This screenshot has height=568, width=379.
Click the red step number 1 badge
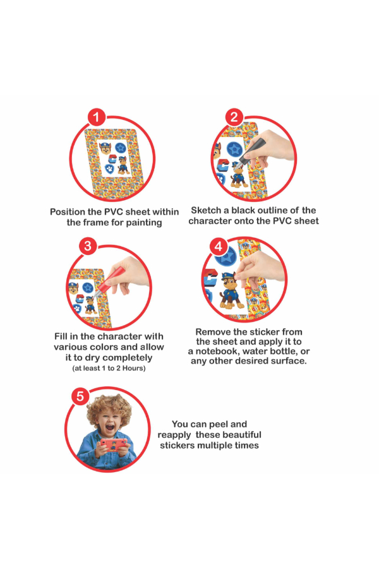pos(96,117)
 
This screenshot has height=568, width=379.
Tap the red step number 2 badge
pos(234,117)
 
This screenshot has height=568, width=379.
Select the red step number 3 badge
pos(88,246)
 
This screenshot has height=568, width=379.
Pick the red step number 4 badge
pos(219,247)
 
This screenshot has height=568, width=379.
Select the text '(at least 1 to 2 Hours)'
pos(109,369)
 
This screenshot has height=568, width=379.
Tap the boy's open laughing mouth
pos(109,427)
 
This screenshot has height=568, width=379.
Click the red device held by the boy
pos(114,444)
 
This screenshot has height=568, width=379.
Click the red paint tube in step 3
pos(107,280)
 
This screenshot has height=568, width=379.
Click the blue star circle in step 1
pos(120,148)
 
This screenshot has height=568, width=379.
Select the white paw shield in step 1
pos(109,169)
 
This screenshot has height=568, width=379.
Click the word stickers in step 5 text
pos(177,446)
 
